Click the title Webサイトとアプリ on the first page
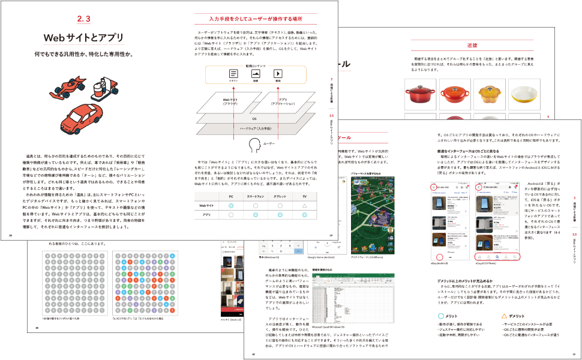(x=83, y=38)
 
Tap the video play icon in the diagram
(x=278, y=74)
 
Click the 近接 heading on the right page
(x=472, y=46)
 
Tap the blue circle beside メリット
(x=442, y=315)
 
